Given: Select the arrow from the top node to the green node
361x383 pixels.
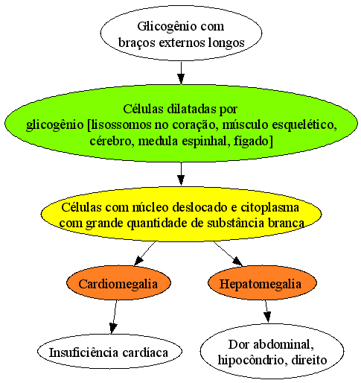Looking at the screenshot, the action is click(x=181, y=73).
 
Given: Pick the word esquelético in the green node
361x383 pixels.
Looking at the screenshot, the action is click(x=304, y=125).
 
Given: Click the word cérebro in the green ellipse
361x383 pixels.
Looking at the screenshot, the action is click(x=109, y=141).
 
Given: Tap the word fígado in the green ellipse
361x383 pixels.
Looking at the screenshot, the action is click(x=253, y=142).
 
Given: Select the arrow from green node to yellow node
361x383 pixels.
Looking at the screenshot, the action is click(x=181, y=174).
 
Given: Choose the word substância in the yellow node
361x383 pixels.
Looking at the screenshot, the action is click(x=235, y=223).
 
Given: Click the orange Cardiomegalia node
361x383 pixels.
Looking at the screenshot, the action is click(x=118, y=283).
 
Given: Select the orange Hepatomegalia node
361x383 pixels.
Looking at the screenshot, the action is click(x=262, y=283).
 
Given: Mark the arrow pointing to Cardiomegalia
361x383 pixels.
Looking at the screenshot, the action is click(x=144, y=253).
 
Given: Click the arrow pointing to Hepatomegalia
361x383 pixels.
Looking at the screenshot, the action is click(x=228, y=253).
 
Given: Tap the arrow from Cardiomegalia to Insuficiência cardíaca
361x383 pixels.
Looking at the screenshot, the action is click(x=115, y=317).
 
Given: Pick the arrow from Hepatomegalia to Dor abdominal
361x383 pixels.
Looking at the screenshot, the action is click(x=266, y=311).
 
